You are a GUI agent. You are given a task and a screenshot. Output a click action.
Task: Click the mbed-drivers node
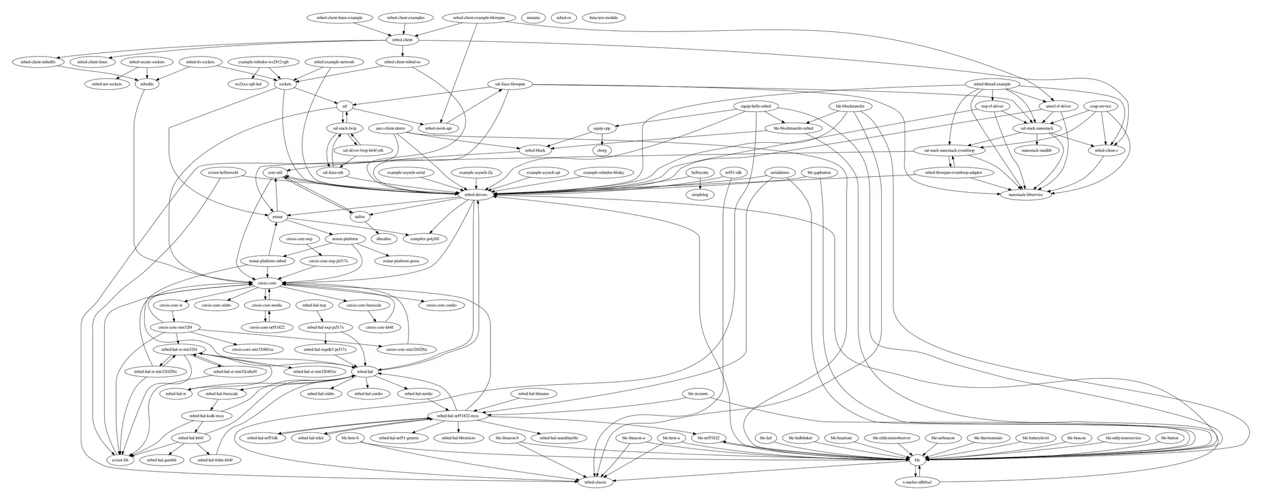(476, 195)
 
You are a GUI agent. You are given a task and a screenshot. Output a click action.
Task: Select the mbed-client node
(402, 40)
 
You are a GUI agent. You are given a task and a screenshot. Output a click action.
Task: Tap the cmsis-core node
(267, 283)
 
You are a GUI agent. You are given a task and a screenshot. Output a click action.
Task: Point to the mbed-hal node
(362, 372)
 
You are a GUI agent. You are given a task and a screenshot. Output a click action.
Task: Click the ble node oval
(917, 459)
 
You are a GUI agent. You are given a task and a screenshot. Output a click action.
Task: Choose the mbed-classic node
(595, 482)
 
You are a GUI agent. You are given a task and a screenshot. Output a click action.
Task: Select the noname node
(533, 18)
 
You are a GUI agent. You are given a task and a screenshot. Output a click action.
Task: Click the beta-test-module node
(603, 18)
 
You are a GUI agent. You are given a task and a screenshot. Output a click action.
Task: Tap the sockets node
(285, 84)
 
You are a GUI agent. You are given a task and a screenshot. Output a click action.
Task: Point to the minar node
(277, 217)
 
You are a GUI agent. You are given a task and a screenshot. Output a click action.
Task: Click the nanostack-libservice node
(1025, 195)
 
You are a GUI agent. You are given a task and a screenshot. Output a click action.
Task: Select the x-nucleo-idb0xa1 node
(917, 482)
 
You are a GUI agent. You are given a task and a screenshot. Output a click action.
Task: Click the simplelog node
(699, 195)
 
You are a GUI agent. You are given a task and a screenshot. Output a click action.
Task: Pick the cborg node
(601, 150)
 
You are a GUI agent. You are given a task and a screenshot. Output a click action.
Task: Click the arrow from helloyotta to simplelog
(699, 183)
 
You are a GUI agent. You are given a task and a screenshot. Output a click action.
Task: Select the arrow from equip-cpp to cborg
(601, 139)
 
